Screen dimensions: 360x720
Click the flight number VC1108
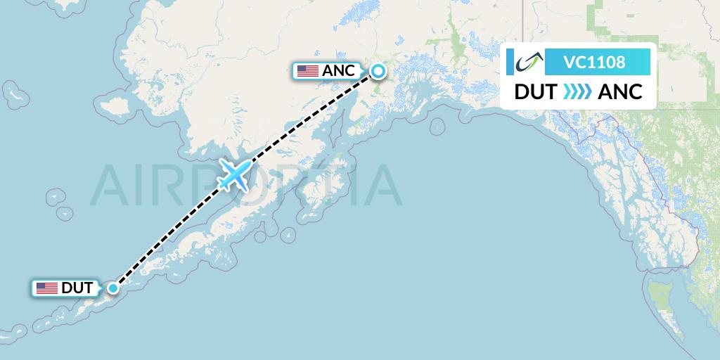[x=594, y=63]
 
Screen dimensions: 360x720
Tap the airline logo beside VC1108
[x=526, y=63]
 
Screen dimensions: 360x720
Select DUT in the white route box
[x=536, y=92]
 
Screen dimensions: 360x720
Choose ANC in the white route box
[x=620, y=92]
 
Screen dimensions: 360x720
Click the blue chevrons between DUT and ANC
[x=578, y=92]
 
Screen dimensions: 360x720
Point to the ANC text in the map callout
[x=338, y=71]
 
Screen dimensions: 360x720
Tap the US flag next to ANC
[x=307, y=71]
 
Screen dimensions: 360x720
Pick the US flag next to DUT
[x=47, y=288]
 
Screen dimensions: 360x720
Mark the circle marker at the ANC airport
[x=378, y=70]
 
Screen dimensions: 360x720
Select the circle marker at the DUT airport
[x=113, y=287]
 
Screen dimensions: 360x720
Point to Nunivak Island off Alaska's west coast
[x=114, y=108]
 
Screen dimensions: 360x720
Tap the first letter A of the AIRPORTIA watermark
[x=112, y=184]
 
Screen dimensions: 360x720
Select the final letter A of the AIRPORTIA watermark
[x=383, y=184]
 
